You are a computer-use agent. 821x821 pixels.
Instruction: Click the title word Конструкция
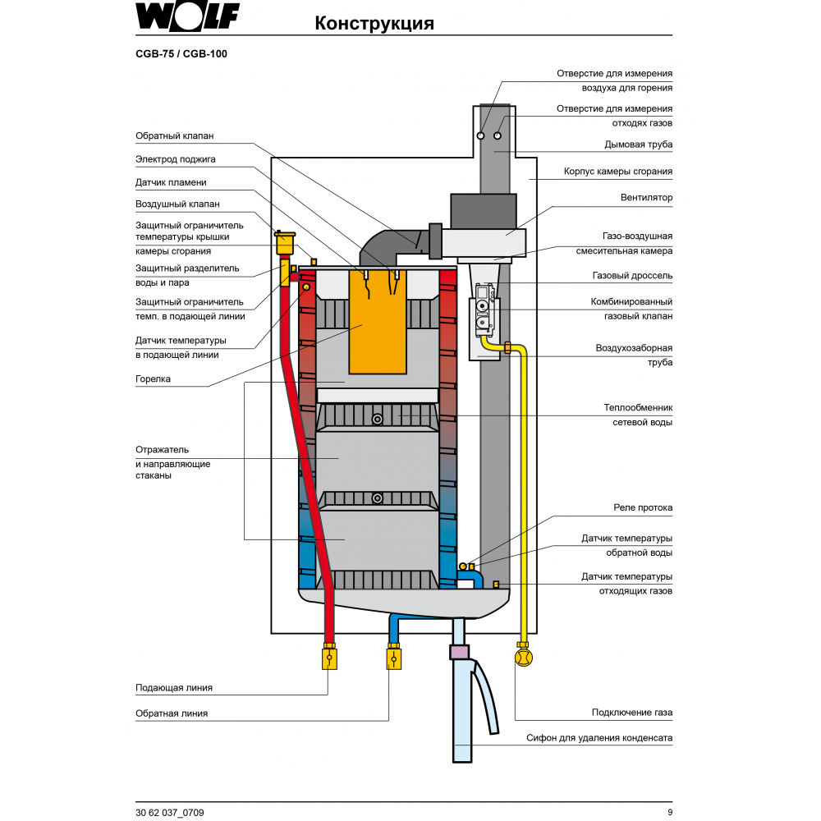pos(374,24)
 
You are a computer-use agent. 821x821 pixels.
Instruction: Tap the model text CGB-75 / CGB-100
pos(181,54)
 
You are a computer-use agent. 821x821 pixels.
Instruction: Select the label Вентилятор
pos(646,198)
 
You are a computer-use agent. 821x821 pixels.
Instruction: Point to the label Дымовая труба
pos(638,144)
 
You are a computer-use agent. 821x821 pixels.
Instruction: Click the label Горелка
pos(153,379)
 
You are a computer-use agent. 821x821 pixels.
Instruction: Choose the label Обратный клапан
pos(174,135)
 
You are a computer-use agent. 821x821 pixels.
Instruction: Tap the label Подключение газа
pos(632,712)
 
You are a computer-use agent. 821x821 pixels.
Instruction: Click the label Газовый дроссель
pos(632,276)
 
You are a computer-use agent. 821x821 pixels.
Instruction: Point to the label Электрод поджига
pos(176,158)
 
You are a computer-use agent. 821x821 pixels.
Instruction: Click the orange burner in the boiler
pos(378,320)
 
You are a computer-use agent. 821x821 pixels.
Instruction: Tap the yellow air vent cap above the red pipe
pos(285,243)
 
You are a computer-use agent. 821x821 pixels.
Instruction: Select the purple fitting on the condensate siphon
pos(460,654)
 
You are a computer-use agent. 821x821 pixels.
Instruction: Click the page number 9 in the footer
pos(669,812)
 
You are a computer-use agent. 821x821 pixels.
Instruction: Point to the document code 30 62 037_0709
pos(170,812)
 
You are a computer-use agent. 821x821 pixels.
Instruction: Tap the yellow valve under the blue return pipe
pos(393,658)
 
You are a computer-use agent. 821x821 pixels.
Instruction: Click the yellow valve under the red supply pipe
pos(329,658)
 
